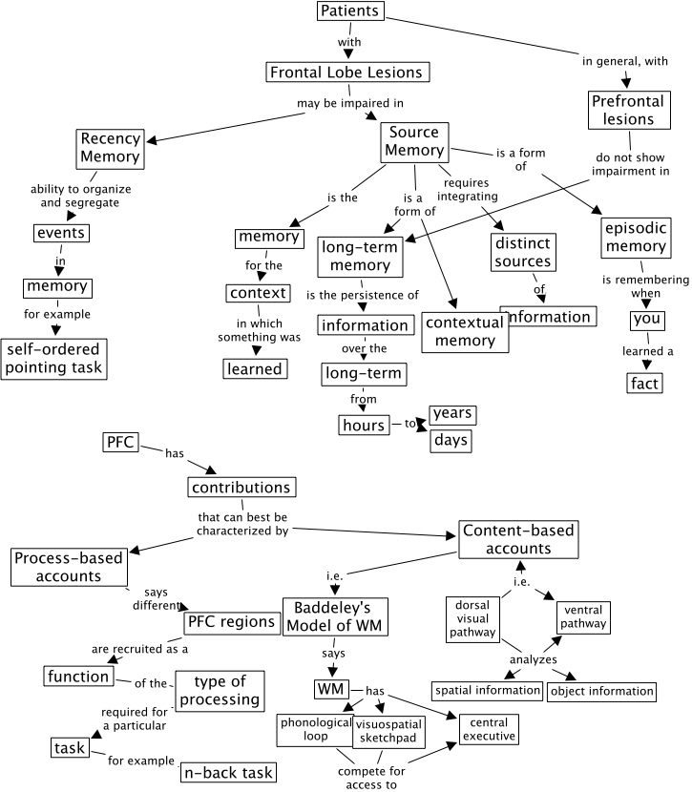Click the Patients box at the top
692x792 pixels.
click(350, 12)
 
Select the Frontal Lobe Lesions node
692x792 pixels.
click(345, 72)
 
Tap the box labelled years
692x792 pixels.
click(452, 415)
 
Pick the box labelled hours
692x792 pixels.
click(364, 425)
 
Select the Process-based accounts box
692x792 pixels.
click(70, 568)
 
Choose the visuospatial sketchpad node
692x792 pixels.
click(388, 731)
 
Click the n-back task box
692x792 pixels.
click(227, 773)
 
